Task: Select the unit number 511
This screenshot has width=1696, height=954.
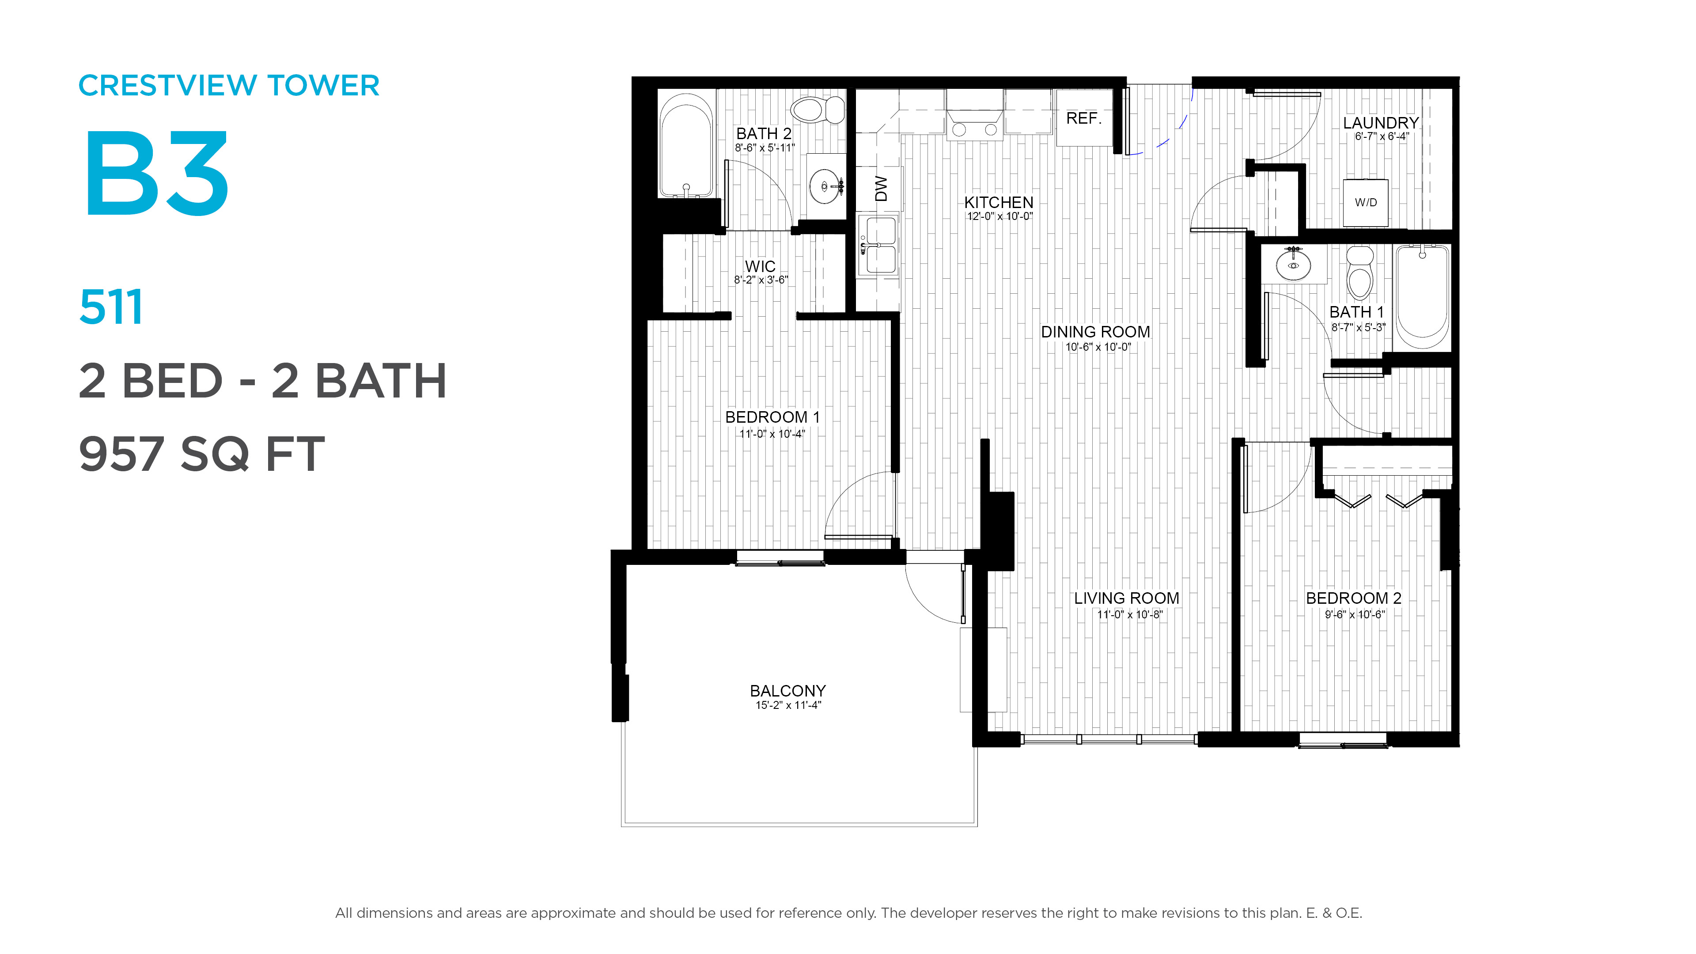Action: coord(110,307)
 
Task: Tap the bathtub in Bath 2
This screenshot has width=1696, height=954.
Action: coord(686,145)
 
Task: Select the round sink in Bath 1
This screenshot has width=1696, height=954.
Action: coord(1293,265)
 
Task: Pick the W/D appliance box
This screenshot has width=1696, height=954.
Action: coord(1366,202)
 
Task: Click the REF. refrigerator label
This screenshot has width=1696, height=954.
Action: coord(1084,118)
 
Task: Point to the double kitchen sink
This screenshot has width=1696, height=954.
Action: coord(878,245)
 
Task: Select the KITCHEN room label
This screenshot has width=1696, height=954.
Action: coord(999,202)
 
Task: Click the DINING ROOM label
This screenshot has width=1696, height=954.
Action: coord(1095,332)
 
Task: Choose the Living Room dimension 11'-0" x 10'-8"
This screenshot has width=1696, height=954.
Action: coord(1130,615)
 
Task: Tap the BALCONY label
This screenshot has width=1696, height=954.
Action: coord(787,691)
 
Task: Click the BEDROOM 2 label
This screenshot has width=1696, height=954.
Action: coord(1354,598)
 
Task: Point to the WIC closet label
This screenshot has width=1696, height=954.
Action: coord(761,266)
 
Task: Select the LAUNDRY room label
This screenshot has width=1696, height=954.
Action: coord(1381,123)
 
